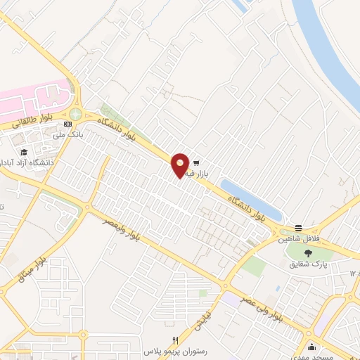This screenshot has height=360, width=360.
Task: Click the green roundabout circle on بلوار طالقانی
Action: (x=75, y=114)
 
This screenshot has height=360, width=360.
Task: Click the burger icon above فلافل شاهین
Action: (x=300, y=228)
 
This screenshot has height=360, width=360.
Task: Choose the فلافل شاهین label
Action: (x=297, y=238)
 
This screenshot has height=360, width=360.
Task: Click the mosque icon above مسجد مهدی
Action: (x=311, y=346)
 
